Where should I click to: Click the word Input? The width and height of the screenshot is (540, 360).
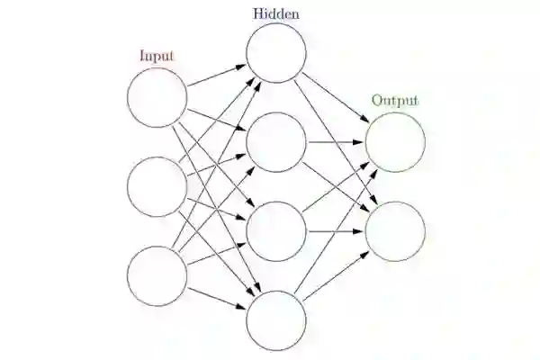pos(157,56)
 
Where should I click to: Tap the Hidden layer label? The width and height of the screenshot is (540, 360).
pos(276,13)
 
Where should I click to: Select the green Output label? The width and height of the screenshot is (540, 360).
pos(395,100)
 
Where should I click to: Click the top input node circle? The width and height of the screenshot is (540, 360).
pos(157,97)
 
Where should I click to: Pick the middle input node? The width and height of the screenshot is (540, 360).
pos(157,186)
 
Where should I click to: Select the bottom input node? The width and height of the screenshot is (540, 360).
pos(157,276)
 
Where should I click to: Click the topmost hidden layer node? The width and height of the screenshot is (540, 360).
pos(277,52)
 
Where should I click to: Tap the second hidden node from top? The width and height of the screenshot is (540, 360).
pos(277,142)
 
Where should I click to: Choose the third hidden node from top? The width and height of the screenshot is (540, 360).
pos(277,231)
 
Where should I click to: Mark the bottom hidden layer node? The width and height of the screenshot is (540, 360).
pos(277,321)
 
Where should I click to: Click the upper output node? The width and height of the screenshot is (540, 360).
pos(395,142)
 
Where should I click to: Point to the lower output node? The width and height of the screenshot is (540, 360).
pos(395,231)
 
